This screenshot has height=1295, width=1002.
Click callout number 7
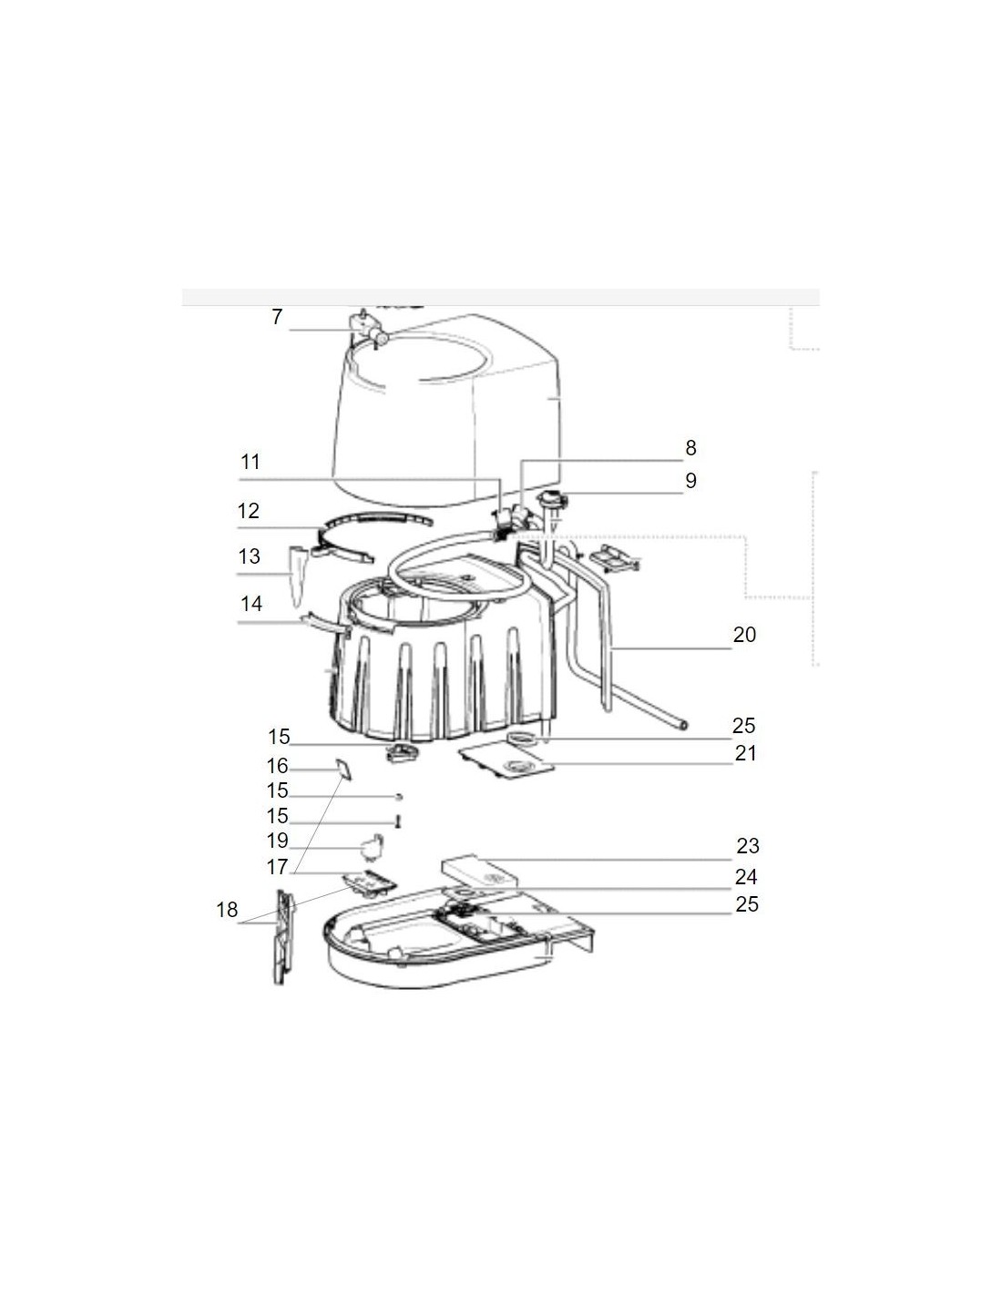[x=277, y=317]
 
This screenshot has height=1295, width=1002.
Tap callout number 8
[x=690, y=447]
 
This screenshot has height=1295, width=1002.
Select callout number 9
[x=690, y=480]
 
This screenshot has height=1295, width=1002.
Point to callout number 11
[x=250, y=462]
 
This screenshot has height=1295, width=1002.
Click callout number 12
[x=249, y=511]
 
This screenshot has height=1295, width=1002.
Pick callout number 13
[x=250, y=556]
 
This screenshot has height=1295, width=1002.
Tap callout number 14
[x=250, y=604]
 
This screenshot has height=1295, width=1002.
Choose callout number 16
[x=277, y=766]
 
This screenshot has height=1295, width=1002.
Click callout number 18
[x=227, y=910]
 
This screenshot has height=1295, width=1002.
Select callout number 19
[x=277, y=841]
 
